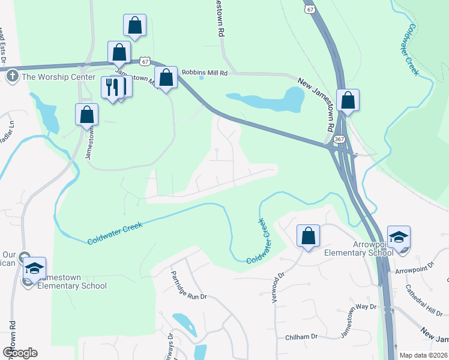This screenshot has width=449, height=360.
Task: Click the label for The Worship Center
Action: [x=58, y=77]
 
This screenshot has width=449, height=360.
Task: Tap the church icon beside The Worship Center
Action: [x=13, y=77]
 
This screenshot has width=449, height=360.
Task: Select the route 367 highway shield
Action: [x=339, y=139]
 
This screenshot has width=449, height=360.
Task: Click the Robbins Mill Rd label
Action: [x=205, y=73]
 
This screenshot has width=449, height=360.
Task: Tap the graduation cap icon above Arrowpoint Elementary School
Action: [x=399, y=237]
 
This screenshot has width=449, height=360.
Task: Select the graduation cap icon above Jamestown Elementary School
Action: [x=35, y=268]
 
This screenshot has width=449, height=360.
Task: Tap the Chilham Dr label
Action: [x=301, y=337]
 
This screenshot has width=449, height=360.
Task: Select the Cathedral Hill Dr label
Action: [x=423, y=303]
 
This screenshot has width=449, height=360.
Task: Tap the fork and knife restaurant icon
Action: [x=112, y=88]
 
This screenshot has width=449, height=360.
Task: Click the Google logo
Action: [x=20, y=352]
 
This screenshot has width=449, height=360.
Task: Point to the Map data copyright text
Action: [x=423, y=355]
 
